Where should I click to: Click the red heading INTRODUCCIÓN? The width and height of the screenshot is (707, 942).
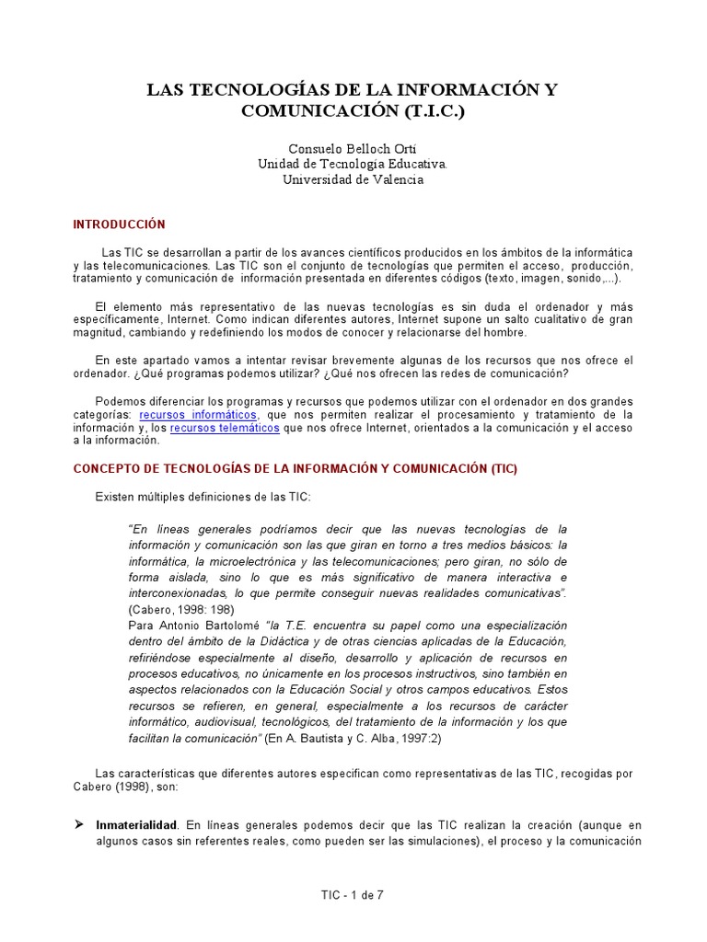119,224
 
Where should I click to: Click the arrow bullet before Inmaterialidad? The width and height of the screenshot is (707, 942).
78,826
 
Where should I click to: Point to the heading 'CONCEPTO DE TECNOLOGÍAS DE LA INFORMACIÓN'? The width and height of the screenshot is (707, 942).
296,468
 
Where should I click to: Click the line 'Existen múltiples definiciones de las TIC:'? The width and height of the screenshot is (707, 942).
203,497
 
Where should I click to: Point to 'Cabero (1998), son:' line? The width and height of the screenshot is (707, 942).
129,787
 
